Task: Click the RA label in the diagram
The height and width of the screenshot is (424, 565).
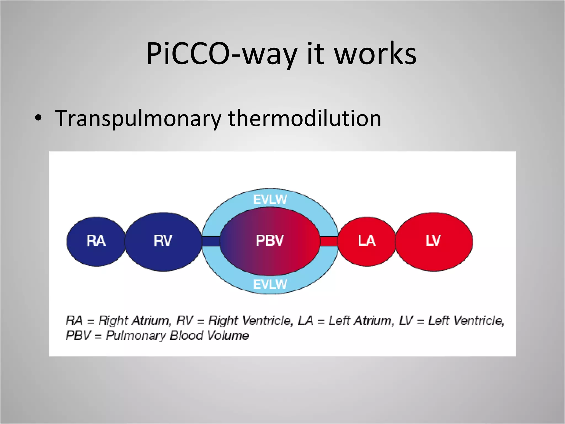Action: [96, 240]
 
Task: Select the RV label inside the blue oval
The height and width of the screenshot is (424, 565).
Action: [163, 240]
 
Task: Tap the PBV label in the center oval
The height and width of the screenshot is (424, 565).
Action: [270, 240]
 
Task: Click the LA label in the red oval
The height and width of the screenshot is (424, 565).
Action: [367, 240]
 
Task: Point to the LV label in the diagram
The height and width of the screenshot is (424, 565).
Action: [433, 240]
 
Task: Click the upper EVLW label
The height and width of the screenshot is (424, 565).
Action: [270, 200]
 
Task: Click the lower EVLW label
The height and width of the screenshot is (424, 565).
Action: [270, 284]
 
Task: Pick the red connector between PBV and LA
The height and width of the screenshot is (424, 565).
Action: [329, 241]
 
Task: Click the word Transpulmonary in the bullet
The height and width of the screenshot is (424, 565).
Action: [138, 119]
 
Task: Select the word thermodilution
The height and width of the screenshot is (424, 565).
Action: [305, 119]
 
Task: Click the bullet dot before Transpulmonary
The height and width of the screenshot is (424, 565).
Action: [39, 119]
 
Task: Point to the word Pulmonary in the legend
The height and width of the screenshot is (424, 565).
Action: [136, 336]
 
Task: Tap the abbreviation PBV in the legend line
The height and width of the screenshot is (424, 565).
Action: [78, 336]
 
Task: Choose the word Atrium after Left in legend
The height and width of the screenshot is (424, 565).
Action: [374, 321]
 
